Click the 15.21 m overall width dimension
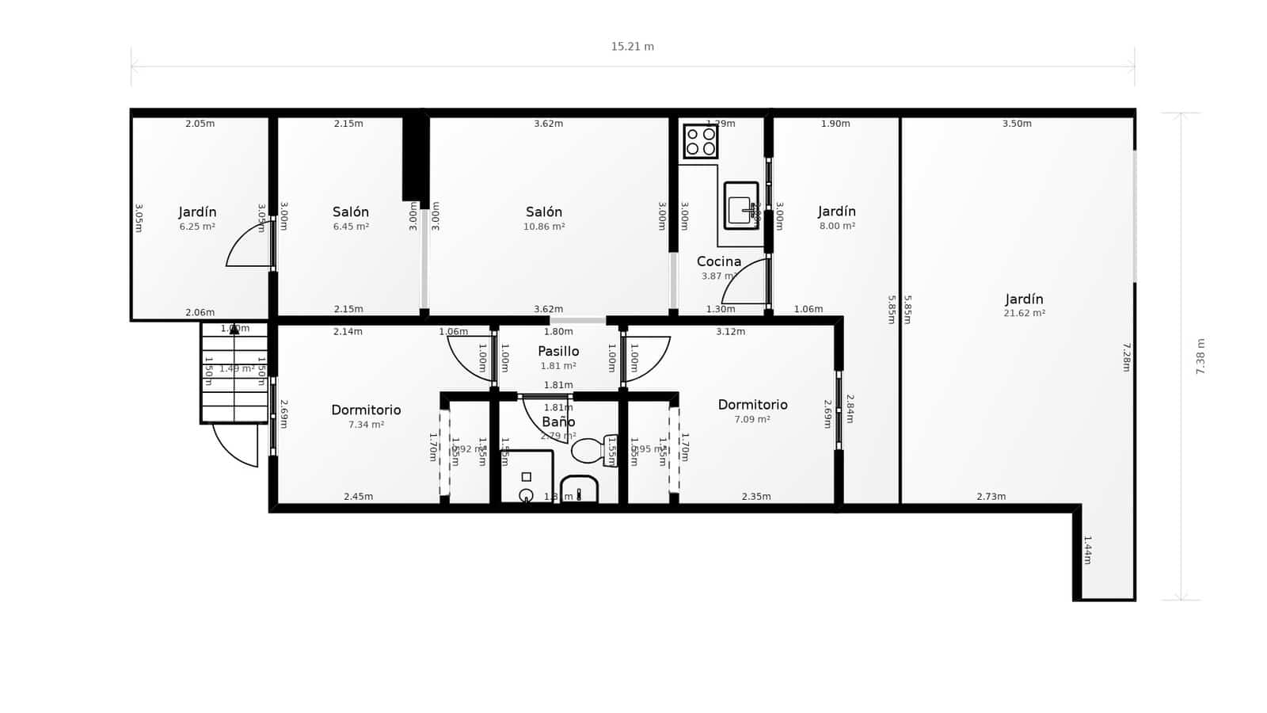pos(632,47)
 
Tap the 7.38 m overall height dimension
pos(1200,356)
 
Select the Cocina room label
pos(719,261)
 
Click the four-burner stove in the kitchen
pos(701,141)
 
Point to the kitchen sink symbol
pos(741,206)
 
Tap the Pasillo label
pos(558,351)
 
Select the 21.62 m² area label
pos(1024,314)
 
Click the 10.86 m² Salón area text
pos(544,227)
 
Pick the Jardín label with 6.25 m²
pos(197,212)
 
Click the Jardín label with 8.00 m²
pos(837,212)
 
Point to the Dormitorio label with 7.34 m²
pos(366,410)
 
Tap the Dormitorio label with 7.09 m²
pos(752,405)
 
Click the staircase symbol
pos(234,372)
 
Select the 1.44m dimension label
pos(1087,550)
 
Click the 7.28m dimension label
pos(1126,356)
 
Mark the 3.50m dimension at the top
pos(1017,124)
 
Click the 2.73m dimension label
pos(991,497)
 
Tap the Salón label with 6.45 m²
pos(351,212)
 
